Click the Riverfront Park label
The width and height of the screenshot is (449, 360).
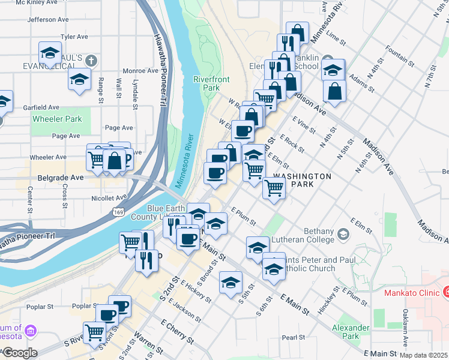(x=206, y=83)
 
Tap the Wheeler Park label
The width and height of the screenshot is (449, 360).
(x=57, y=119)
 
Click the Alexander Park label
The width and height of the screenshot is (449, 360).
(x=351, y=332)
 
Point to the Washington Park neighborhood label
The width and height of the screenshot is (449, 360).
(x=302, y=180)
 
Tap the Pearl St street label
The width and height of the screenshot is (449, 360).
(x=294, y=337)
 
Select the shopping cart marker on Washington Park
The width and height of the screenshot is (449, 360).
(x=274, y=188)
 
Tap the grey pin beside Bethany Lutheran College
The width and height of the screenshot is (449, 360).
(x=343, y=232)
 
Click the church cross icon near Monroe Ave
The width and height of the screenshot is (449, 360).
(x=91, y=60)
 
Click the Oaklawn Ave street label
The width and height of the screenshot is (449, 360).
(x=406, y=329)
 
